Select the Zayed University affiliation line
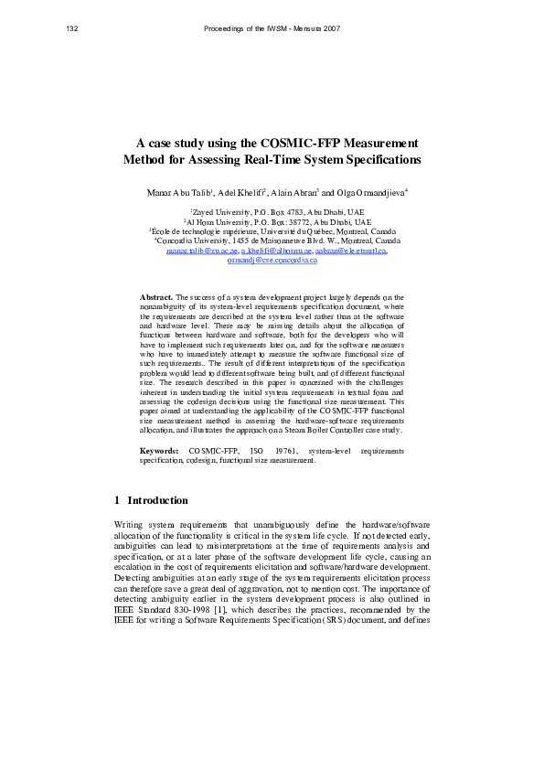272,212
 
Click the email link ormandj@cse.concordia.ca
272,260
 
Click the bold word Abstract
156,273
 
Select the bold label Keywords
159,451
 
